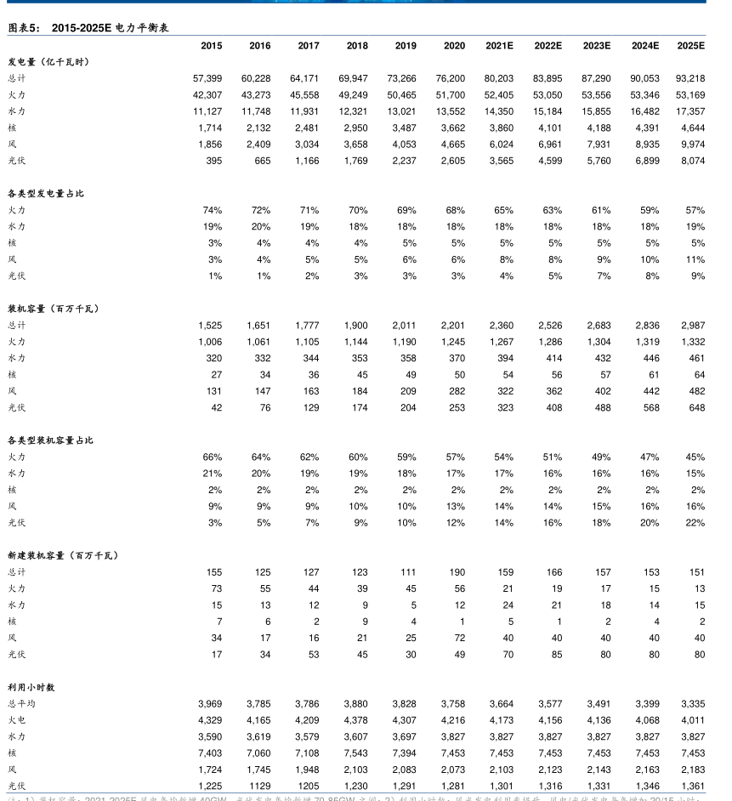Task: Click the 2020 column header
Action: (x=454, y=46)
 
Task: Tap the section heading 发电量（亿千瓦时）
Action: (x=48, y=62)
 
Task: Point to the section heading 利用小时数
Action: (x=31, y=687)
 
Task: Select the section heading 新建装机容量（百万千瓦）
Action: (x=63, y=555)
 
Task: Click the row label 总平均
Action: (x=22, y=703)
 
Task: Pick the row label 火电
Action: (x=17, y=720)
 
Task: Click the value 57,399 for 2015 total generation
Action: (x=207, y=78)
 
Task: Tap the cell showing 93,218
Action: (x=689, y=78)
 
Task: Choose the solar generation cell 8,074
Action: (x=692, y=161)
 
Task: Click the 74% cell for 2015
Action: (x=213, y=210)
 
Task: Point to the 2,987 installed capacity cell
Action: (x=692, y=325)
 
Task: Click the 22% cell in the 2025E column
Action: (x=695, y=523)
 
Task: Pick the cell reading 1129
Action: (x=259, y=787)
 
